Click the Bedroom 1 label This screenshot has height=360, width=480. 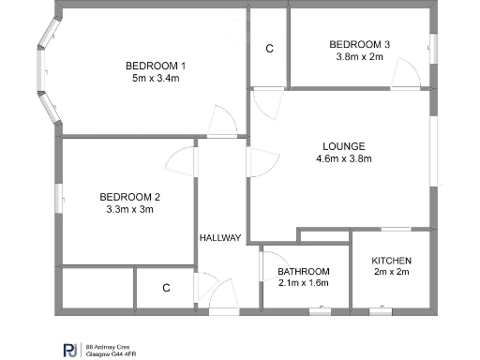pyautogui.click(x=157, y=65)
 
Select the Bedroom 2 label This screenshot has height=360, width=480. pyautogui.click(x=130, y=196)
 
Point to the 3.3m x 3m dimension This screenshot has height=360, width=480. pyautogui.click(x=130, y=209)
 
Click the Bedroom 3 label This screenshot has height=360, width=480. pyautogui.click(x=359, y=44)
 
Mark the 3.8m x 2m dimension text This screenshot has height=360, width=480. pyautogui.click(x=359, y=56)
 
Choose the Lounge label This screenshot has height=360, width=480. pyautogui.click(x=343, y=145)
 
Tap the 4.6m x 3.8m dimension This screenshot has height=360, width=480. pyautogui.click(x=343, y=158)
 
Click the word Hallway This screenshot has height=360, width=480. pyautogui.click(x=220, y=238)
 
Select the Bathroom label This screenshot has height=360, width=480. pyautogui.click(x=304, y=271)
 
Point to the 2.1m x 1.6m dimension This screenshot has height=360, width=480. pyautogui.click(x=304, y=283)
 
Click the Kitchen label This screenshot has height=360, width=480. pyautogui.click(x=391, y=260)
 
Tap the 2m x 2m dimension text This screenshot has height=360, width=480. pyautogui.click(x=391, y=273)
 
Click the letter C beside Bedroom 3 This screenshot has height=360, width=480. pyautogui.click(x=269, y=48)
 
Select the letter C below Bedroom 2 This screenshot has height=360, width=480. pyautogui.click(x=166, y=288)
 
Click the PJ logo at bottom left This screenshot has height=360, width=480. pyautogui.click(x=70, y=349)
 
